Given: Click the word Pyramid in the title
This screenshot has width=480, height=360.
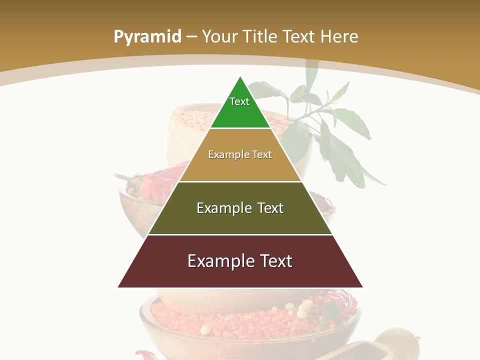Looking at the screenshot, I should pos(147,37).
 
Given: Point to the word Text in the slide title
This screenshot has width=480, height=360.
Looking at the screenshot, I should pos(299,37).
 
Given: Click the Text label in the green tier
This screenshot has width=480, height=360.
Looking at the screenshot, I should pos(239,101).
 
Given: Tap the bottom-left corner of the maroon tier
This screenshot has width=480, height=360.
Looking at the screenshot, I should pos(118,287).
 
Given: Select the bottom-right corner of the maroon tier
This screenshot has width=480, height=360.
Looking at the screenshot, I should pos(362,287).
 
